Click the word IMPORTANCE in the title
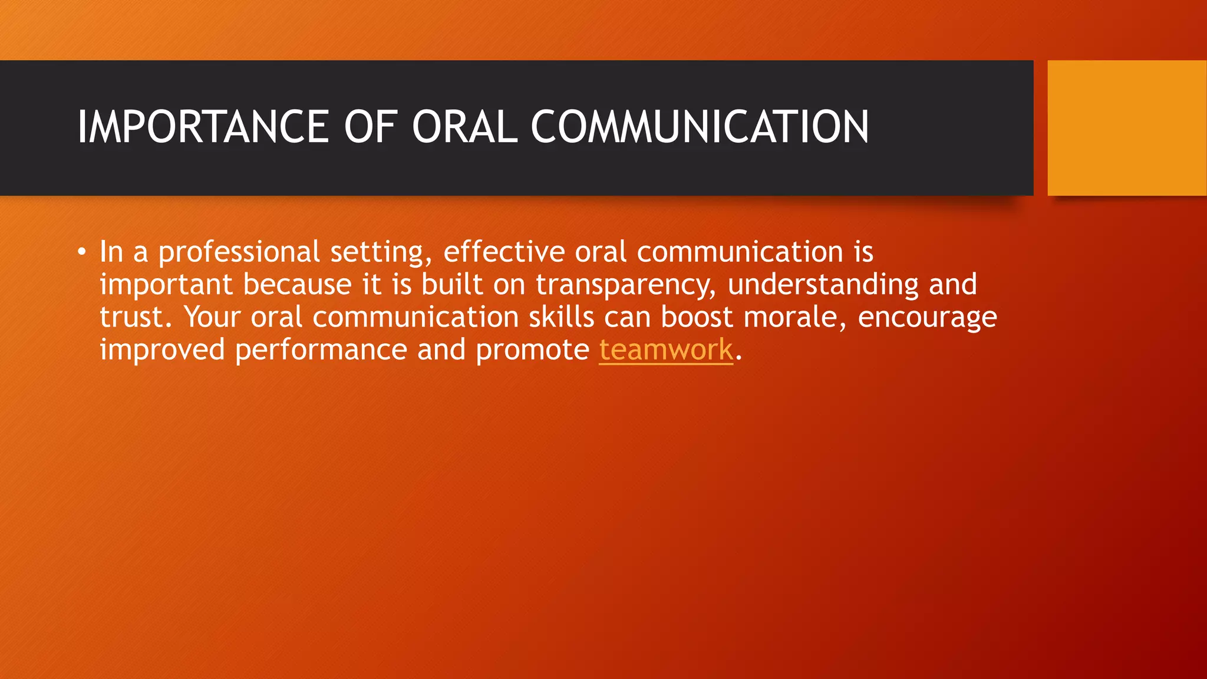pos(203,127)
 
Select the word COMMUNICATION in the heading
pos(700,127)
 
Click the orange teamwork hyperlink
pos(666,350)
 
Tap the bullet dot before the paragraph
pos(82,253)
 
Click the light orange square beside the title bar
pos(1126,128)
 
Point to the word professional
pos(239,252)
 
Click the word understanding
pos(823,285)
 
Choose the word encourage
pos(927,318)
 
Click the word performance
pos(321,350)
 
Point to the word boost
pos(696,317)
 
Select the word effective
pos(504,252)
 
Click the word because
pos(297,285)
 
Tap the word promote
pos(532,350)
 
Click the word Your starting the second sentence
pos(212,317)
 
